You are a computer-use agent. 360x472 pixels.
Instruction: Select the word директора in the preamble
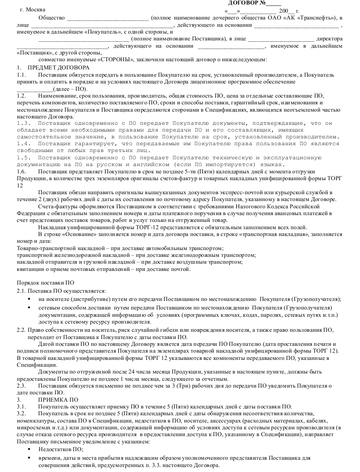pos(330,39)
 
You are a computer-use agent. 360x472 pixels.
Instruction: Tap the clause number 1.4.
pos(23,143)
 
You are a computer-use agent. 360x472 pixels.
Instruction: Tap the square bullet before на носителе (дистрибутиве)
pos(29,299)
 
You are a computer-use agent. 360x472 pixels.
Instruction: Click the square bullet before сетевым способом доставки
pos(29,307)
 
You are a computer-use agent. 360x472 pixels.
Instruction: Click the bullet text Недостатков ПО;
pos(61,449)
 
